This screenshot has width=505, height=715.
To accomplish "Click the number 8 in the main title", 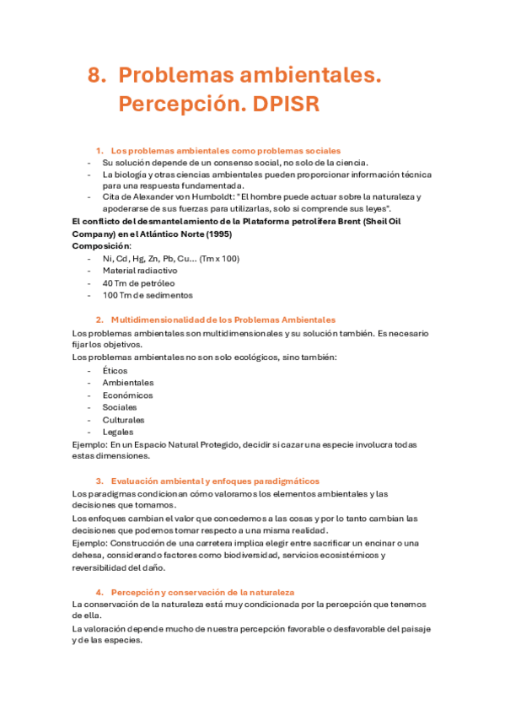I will coord(95,76).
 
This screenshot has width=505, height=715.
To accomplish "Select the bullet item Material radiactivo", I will coord(140,271).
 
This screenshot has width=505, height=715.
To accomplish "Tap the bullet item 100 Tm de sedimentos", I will coord(148,295).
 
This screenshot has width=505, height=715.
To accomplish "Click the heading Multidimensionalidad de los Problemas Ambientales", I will coord(223,320).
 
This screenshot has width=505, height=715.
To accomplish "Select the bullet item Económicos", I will coord(128,395).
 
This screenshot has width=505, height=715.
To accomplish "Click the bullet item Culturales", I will coord(124,419).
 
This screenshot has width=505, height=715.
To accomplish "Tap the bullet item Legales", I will coord(118,432).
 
